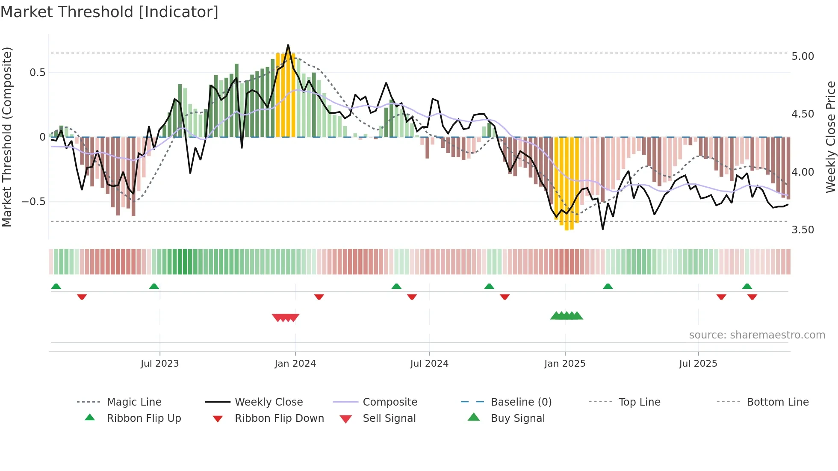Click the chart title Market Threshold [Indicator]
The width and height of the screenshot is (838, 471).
109,12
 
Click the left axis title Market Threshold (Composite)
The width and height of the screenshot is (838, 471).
7,137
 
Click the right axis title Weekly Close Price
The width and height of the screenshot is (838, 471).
830,137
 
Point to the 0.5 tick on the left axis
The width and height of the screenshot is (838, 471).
37,73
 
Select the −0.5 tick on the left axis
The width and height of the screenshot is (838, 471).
34,201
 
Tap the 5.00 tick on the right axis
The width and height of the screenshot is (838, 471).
803,56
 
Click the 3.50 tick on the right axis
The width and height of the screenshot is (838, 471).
803,230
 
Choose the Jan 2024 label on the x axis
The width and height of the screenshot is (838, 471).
295,364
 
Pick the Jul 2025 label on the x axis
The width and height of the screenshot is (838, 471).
698,364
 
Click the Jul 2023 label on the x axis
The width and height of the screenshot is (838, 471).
159,364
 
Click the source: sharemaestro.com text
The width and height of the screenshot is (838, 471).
757,335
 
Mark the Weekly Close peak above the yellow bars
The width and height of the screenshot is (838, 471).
288,45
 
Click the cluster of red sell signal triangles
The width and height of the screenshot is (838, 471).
286,318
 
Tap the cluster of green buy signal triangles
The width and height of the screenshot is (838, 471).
567,316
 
